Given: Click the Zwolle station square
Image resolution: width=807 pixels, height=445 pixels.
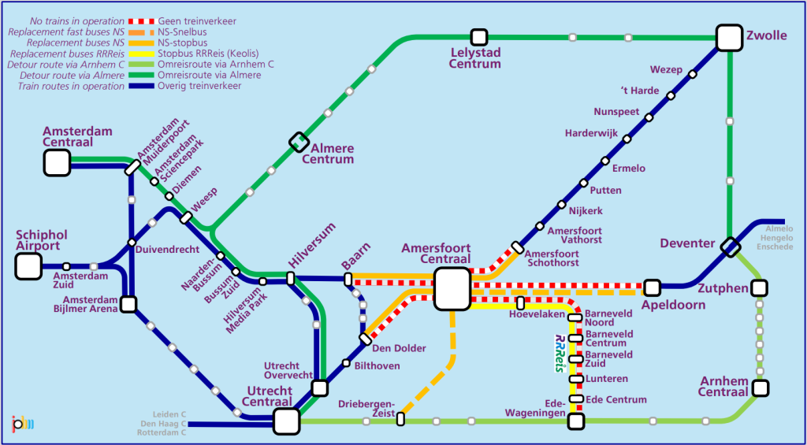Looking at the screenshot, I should click(730, 37).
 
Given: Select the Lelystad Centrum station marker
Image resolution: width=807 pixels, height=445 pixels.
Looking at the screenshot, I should click(478, 37).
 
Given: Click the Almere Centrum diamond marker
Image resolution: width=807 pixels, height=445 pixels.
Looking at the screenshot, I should click(299, 142).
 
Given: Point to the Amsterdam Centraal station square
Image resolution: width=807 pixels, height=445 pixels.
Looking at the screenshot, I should click(57, 162).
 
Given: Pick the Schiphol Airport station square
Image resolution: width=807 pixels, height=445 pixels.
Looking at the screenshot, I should click(28, 266).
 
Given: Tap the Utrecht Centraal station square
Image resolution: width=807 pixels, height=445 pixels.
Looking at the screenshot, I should click(286, 421).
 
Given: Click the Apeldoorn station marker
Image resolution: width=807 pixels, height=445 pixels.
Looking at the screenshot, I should click(652, 287).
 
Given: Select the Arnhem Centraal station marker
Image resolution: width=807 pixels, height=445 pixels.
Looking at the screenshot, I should click(760, 388).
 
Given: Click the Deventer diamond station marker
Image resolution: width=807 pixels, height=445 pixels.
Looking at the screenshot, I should click(730, 247).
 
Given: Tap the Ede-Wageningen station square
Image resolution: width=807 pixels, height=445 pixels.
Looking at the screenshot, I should click(576, 421).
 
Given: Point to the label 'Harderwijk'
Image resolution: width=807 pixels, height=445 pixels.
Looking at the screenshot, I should click(591, 133).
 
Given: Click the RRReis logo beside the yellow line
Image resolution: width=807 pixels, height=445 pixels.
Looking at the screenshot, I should click(560, 353).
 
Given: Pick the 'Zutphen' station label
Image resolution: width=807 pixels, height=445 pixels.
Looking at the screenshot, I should click(722, 289).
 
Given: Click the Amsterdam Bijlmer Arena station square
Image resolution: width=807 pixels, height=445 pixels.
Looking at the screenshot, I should click(128, 303).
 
